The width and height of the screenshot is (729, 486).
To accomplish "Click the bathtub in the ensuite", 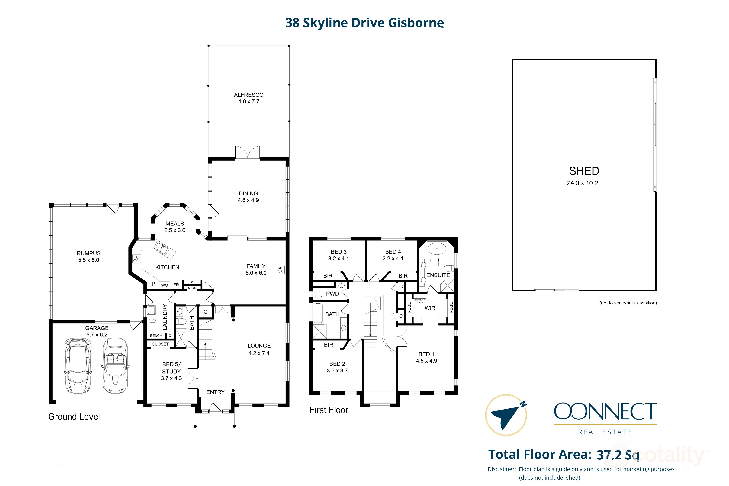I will pos(437,249).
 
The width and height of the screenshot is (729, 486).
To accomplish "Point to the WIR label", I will pos(430,308).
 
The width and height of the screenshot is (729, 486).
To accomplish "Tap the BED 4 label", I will pos(393,252).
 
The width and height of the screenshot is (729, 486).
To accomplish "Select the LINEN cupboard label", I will pos(192,288).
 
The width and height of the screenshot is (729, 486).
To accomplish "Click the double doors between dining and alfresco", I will pos(248,153).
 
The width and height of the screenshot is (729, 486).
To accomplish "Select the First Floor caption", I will pos(329,410).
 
